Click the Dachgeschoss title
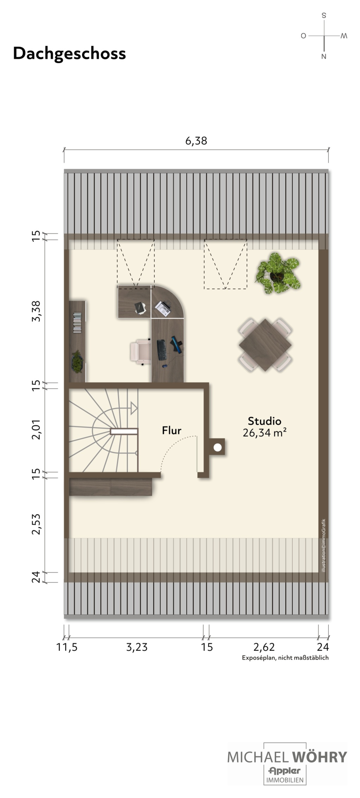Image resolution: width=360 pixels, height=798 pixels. (69, 54)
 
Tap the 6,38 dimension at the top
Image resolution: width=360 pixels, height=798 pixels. (196, 141)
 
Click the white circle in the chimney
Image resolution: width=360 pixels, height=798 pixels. (217, 447)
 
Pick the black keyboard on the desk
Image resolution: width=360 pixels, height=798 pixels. (161, 350)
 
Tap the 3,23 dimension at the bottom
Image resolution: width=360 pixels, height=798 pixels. (137, 647)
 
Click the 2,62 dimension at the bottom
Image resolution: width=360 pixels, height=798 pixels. (264, 647)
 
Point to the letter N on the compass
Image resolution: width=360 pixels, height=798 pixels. (324, 56)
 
